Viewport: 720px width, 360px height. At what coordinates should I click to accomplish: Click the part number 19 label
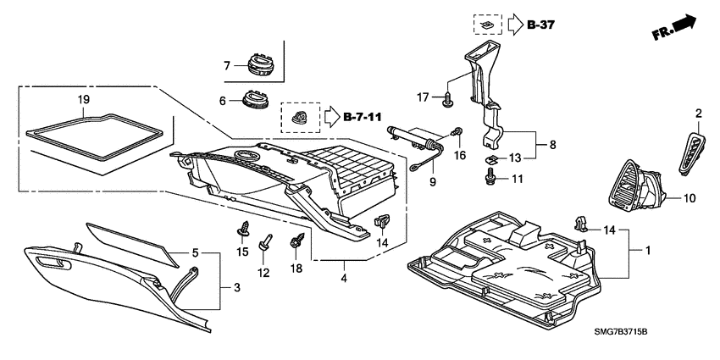83,100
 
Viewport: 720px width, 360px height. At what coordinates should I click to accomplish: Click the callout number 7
227,66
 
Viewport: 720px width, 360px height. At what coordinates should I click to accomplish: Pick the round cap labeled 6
253,98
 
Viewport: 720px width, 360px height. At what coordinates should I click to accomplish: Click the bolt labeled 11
491,176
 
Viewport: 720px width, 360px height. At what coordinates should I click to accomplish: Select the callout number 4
343,276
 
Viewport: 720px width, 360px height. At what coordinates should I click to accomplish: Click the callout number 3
236,289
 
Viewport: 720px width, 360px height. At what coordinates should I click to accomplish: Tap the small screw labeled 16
459,132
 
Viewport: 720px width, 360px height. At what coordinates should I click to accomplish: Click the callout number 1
649,252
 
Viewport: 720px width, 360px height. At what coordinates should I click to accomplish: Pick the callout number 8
554,146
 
